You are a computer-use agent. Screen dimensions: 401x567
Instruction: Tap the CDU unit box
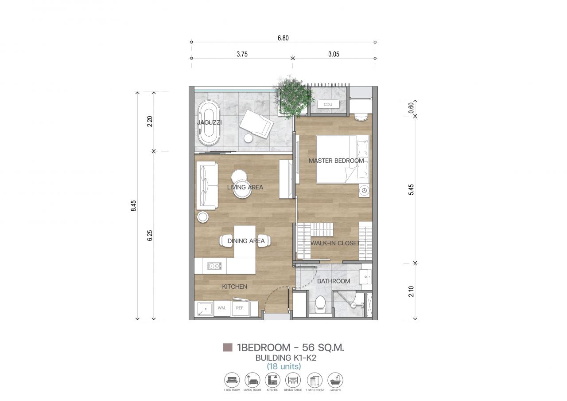[x=328, y=104]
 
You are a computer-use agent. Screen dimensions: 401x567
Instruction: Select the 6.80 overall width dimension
[x=283, y=38]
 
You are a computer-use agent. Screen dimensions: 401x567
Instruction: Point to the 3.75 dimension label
[x=242, y=54]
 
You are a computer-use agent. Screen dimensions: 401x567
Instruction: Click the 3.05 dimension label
[x=334, y=54]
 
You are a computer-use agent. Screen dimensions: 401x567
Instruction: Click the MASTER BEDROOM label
[x=336, y=161]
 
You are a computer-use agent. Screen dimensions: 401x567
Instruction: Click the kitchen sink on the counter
[x=214, y=266]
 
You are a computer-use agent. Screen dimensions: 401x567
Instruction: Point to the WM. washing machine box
[x=222, y=308]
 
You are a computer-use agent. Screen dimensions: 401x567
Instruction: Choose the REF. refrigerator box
[x=241, y=308]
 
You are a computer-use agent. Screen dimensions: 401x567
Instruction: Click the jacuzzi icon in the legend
[x=335, y=380]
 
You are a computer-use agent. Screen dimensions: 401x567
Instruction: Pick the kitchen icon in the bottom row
[x=272, y=380]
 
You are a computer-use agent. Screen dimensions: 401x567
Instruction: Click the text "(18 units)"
[x=283, y=366]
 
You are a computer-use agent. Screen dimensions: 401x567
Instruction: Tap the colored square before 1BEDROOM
[x=228, y=347]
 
